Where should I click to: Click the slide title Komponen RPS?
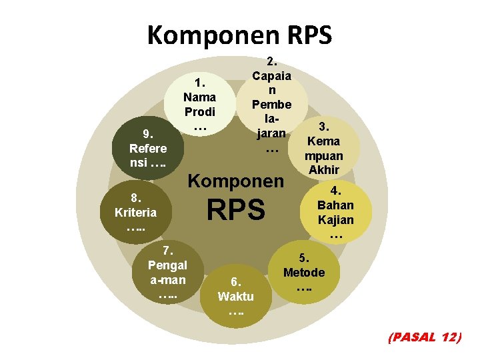239,35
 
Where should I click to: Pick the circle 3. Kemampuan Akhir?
323,148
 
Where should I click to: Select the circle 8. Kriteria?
136,213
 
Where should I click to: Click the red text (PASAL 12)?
424,337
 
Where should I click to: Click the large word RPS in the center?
235,211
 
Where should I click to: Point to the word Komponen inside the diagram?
237,181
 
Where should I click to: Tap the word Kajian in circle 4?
335,220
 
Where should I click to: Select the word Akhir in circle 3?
324,170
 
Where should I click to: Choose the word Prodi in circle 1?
200,111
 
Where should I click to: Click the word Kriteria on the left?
136,213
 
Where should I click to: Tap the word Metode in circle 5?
304,273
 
